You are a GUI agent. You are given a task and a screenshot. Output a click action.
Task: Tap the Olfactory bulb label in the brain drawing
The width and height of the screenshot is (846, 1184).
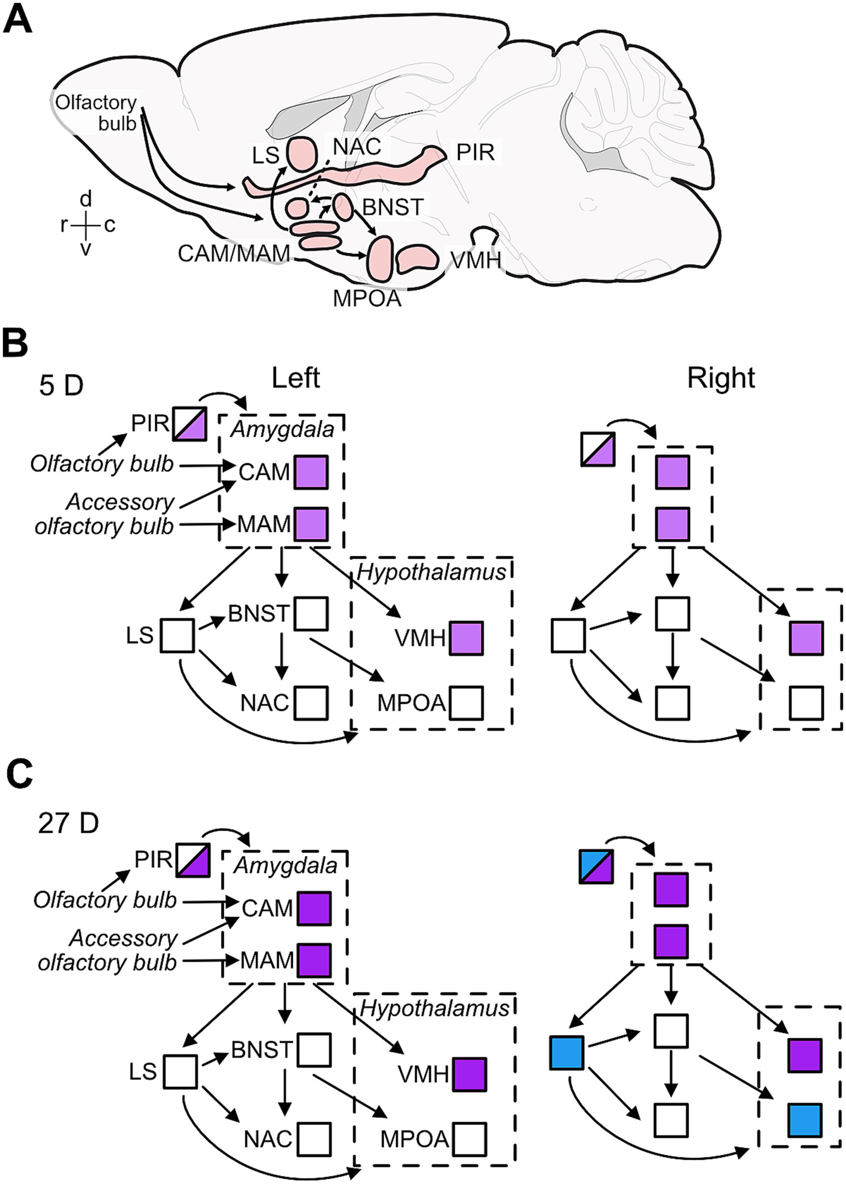[x=96, y=112]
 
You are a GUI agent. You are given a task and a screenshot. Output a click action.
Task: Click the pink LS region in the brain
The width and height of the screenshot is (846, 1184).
[x=303, y=154]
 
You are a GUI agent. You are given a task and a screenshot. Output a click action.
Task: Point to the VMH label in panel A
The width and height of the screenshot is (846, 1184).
[x=475, y=260]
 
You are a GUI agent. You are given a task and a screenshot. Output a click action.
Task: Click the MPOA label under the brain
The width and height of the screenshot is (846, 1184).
[x=367, y=298]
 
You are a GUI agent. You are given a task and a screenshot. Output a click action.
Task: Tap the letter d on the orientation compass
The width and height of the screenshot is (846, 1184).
[x=86, y=199]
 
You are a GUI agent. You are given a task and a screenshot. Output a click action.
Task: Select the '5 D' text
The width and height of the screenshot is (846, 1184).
[x=61, y=385]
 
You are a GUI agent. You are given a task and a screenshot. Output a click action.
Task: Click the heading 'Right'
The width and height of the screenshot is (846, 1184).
[x=721, y=378]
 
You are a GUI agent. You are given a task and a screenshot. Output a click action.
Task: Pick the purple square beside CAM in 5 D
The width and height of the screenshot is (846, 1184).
[x=311, y=473]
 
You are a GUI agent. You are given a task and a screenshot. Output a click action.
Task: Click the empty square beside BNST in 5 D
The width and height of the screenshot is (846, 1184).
[x=311, y=614]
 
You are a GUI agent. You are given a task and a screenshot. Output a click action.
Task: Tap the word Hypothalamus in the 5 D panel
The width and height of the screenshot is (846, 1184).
[x=431, y=572]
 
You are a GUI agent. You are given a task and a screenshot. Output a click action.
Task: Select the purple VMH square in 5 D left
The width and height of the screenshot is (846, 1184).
[x=467, y=638]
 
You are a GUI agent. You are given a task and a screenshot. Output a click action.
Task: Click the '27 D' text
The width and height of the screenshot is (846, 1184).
[x=68, y=823]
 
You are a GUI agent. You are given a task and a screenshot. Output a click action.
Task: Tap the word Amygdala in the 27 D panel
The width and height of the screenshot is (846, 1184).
[x=285, y=866]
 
